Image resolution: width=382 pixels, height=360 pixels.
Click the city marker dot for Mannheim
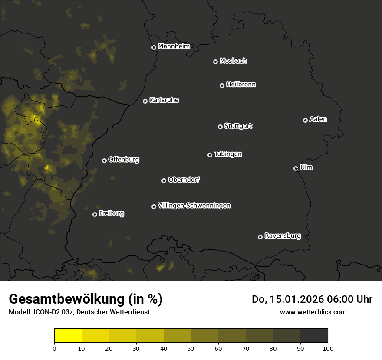(154, 48)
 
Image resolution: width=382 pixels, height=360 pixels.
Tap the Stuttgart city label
(238, 126)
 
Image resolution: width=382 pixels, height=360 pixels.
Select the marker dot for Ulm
(296, 168)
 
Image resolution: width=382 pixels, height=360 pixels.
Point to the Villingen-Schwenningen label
(194, 206)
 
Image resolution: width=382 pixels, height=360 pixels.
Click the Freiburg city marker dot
(95, 214)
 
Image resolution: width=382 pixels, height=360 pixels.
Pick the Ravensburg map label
(282, 236)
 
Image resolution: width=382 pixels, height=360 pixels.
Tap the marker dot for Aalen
(305, 120)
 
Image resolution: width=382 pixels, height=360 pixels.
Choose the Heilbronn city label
(241, 85)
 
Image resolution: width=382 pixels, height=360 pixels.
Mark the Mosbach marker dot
(215, 62)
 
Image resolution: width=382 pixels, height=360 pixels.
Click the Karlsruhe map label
(164, 100)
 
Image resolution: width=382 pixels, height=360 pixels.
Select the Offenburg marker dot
(104, 160)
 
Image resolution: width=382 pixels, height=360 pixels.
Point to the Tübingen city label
(227, 154)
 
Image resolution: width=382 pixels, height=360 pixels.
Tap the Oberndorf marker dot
(164, 180)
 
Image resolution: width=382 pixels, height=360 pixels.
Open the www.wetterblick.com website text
(313, 312)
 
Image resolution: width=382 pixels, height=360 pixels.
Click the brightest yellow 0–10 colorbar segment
(68, 336)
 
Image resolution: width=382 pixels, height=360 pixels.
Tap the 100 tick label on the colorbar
(328, 348)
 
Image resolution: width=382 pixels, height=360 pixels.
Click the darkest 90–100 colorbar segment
(314, 336)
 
